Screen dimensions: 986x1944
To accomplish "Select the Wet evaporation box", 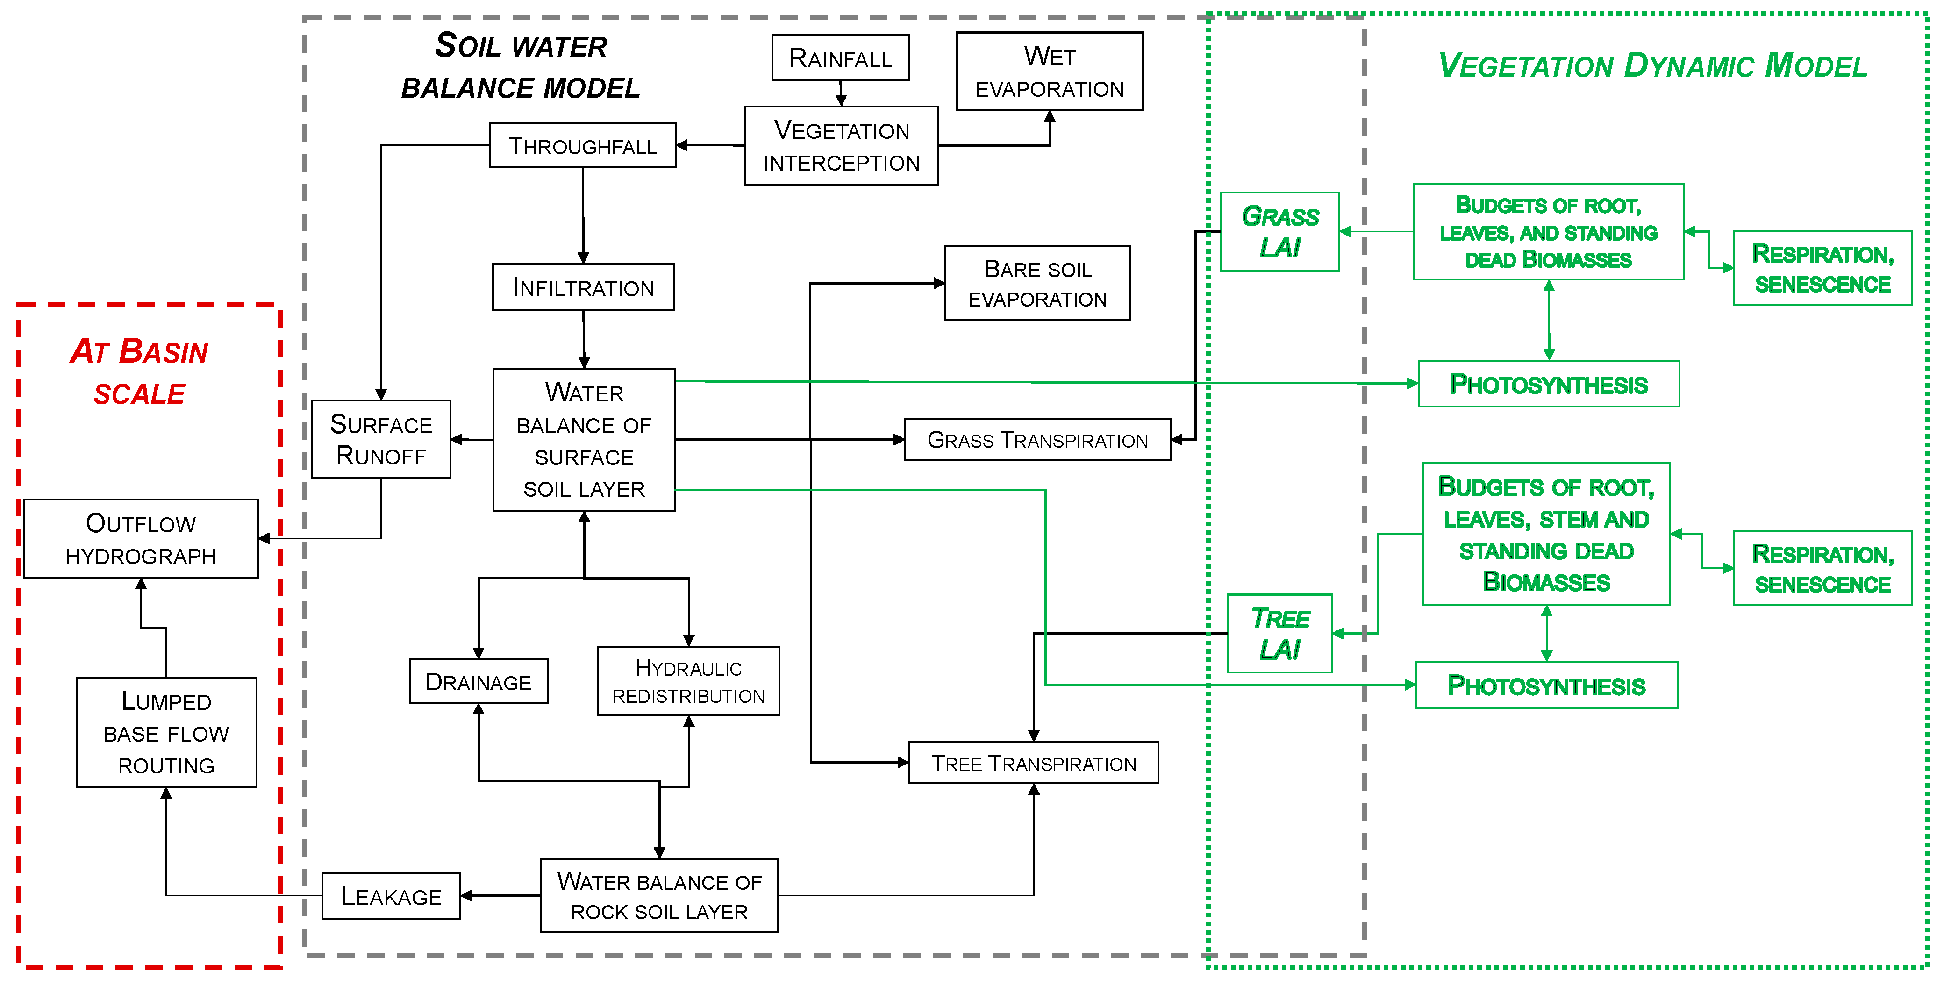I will (1049, 71).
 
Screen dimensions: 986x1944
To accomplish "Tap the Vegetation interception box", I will (842, 146).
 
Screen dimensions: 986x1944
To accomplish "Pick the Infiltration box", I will (583, 287).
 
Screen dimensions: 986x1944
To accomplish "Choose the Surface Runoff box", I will (381, 440).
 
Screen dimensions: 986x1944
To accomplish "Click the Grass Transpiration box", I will (1037, 440).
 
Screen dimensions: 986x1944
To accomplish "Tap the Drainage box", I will (479, 682).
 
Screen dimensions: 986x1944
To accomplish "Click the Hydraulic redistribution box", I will (688, 682).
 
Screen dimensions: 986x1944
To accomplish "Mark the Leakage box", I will (391, 896).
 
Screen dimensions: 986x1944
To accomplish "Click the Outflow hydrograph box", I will (141, 539).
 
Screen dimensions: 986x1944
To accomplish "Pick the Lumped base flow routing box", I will (166, 733).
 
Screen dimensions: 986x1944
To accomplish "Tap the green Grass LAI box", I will (1280, 232).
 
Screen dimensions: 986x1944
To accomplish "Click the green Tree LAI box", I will (1280, 634).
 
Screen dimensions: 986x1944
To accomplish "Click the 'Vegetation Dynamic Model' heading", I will (1653, 66).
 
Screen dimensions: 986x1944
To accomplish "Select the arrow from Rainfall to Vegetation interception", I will (841, 93).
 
